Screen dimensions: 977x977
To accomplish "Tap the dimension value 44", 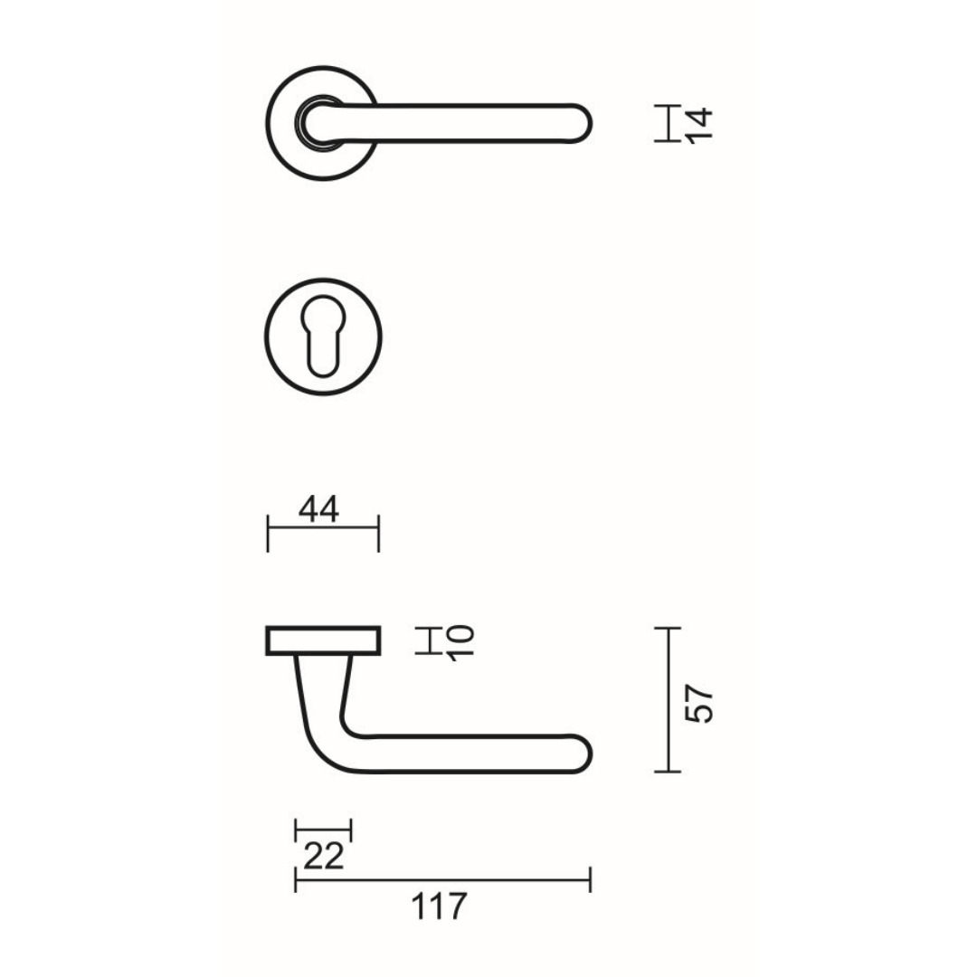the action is coord(318,509).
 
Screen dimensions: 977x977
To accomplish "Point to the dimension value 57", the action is coord(699,704).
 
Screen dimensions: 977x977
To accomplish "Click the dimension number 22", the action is coord(323,856).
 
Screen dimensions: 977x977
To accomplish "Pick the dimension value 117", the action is coord(439,906).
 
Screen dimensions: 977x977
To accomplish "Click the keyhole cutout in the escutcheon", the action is coord(323,335).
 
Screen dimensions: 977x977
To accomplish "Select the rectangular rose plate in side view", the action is coord(323,640).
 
